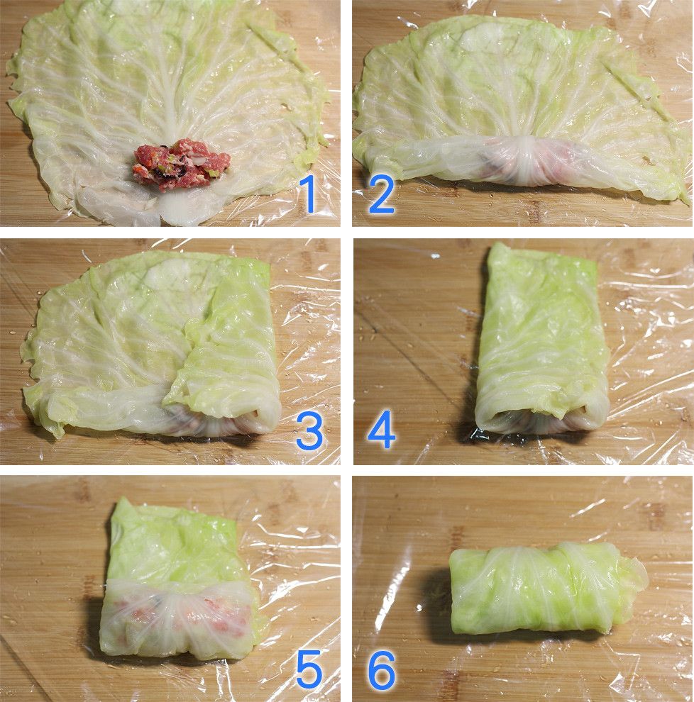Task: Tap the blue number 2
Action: [381, 194]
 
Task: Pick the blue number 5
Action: [309, 669]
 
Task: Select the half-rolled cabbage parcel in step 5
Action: [180, 577]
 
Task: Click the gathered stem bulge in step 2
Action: [529, 159]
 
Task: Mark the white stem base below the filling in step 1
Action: [180, 211]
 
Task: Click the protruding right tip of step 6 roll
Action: [637, 577]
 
